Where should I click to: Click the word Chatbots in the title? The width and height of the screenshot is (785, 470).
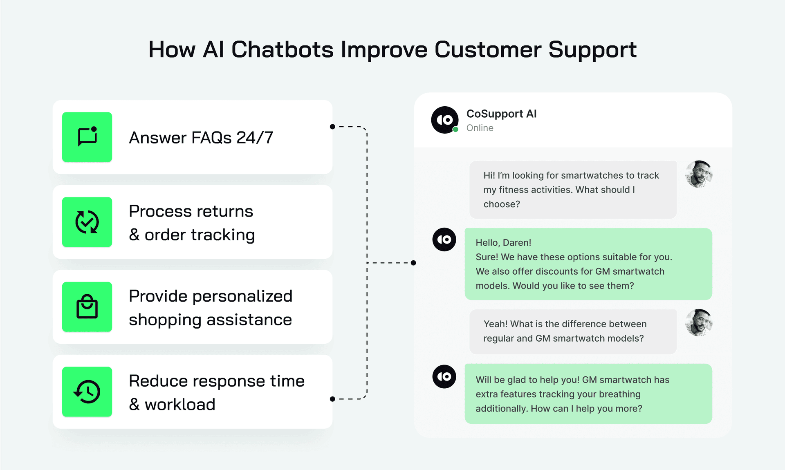(x=283, y=49)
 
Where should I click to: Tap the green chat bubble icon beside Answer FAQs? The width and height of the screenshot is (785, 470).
(x=87, y=137)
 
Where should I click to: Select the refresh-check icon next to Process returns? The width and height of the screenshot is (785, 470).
(x=87, y=222)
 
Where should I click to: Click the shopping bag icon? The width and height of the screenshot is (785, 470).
(x=87, y=307)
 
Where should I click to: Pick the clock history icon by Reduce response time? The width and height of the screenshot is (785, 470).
(x=87, y=392)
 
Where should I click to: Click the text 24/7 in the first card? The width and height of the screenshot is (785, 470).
(x=255, y=138)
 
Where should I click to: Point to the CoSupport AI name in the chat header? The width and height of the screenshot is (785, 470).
(x=501, y=114)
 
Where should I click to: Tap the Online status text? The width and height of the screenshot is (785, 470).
(x=480, y=128)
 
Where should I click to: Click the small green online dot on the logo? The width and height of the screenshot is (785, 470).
(x=455, y=130)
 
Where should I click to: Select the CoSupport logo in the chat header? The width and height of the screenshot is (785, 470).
(x=444, y=120)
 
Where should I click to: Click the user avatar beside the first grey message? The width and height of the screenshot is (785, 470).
(x=699, y=174)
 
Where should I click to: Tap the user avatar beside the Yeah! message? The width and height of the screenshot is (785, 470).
(x=699, y=322)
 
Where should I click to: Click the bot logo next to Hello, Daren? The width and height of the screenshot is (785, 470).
(x=444, y=239)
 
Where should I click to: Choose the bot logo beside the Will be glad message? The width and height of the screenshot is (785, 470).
(x=444, y=376)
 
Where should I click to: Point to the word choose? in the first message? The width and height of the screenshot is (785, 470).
(x=502, y=204)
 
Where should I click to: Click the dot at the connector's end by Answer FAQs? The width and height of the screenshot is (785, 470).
(x=332, y=127)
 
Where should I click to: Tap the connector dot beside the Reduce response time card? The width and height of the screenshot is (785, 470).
(x=332, y=399)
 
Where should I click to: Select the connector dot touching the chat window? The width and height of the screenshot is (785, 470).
(x=413, y=263)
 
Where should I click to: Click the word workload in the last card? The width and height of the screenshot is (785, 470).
(x=180, y=405)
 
